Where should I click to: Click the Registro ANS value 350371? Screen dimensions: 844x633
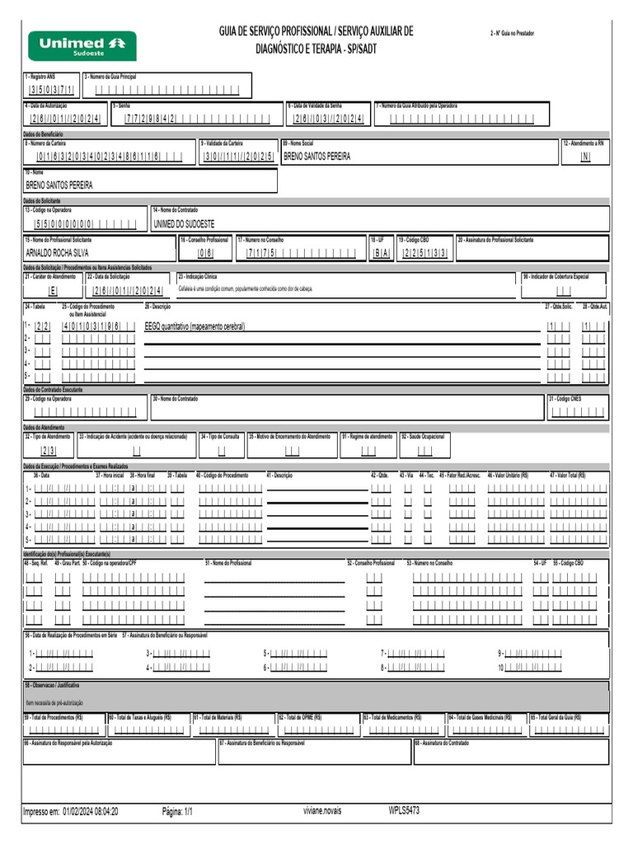coord(50,91)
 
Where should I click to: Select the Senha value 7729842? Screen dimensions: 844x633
coord(149,119)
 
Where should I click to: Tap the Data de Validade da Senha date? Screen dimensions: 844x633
coord(329,119)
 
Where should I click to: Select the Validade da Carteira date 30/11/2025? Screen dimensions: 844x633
coord(238,156)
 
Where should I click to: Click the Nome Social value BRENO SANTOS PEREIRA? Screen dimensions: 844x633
coord(316,156)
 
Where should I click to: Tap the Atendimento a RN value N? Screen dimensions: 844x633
coord(585,156)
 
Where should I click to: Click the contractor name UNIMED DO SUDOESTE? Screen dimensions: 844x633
coord(184,223)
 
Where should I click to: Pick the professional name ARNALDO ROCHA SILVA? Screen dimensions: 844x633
coord(57,253)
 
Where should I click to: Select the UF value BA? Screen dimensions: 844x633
coord(380,253)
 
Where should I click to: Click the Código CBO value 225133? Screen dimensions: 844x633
coord(424,253)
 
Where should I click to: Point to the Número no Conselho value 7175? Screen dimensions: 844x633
coord(261,253)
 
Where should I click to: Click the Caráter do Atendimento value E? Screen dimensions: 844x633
coord(53,291)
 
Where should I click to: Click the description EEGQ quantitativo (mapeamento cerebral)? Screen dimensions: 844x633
coord(195,326)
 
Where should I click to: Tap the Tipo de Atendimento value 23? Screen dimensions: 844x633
coord(49,451)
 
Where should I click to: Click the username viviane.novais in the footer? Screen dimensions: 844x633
coord(321,811)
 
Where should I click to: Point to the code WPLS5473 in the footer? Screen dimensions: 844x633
coord(404,810)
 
